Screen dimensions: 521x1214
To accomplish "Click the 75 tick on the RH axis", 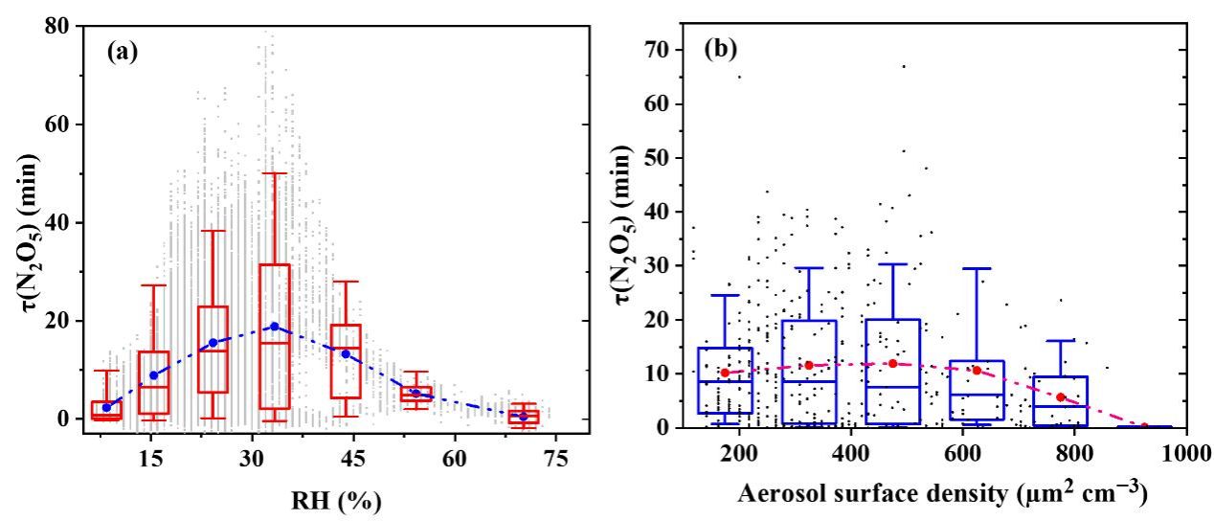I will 555,458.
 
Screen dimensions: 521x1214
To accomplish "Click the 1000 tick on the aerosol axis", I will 1185,451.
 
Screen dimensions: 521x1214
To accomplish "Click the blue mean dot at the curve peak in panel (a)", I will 275,327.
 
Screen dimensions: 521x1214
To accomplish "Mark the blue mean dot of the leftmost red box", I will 106,407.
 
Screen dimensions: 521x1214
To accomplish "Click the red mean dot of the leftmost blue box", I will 725,373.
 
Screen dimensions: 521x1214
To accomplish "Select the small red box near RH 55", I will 416,394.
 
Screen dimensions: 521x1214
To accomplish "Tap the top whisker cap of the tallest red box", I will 275,173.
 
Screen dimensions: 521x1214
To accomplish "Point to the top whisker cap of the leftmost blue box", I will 725,295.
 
